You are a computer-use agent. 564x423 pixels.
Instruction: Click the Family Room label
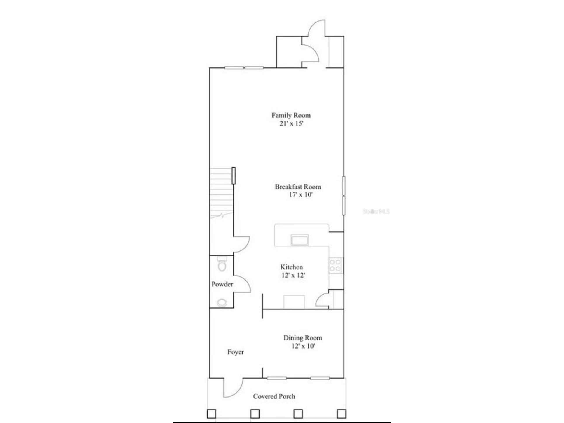pos(291,115)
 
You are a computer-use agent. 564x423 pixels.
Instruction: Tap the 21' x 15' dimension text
pos(291,123)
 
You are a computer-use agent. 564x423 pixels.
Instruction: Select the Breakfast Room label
pos(298,187)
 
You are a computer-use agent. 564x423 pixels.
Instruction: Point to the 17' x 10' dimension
pos(301,195)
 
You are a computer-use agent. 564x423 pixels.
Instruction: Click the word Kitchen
pos(291,267)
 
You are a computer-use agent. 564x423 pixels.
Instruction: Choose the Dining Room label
pos(303,338)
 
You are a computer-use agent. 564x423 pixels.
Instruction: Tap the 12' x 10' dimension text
pos(303,346)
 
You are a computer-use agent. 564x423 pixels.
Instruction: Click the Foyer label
pos(236,352)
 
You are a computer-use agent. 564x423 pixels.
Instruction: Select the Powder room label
pos(222,284)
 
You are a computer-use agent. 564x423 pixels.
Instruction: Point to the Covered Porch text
pos(274,396)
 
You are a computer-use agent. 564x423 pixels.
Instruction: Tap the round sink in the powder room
pos(222,302)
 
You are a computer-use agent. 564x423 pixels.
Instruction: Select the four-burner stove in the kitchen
pos(335,265)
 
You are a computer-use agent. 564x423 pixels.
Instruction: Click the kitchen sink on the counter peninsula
pos(300,240)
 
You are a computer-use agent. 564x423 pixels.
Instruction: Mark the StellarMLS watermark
pos(376,211)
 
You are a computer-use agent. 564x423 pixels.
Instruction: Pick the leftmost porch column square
pos(211,414)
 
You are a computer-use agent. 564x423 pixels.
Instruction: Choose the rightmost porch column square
pos(341,414)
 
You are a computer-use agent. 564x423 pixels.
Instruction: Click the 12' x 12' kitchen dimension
pos(293,275)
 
